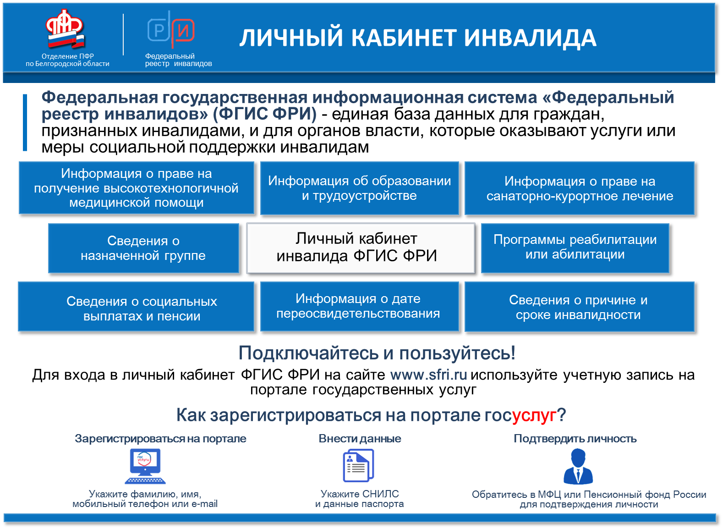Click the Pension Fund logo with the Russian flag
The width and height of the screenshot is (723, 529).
65,29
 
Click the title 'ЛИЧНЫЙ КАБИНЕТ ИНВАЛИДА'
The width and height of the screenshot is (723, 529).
418,38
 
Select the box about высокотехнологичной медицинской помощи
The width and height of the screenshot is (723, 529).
137,188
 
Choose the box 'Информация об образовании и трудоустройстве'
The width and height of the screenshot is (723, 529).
360,188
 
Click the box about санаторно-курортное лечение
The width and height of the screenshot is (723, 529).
580,188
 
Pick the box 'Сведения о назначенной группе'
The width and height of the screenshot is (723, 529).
143,248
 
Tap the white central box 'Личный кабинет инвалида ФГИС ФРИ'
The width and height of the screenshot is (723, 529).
361,248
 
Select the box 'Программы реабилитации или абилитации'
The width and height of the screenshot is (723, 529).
575,248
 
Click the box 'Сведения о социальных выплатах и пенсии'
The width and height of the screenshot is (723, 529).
136,307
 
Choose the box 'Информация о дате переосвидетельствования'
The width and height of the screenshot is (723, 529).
360,307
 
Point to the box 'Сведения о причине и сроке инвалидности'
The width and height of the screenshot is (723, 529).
580,307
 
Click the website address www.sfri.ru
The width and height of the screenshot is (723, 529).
429,375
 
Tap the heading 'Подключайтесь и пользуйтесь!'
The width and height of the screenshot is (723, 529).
377,353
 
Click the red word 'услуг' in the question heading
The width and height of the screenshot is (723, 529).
534,415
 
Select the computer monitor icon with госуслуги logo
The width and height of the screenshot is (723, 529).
145,466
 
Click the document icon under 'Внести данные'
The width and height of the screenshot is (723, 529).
358,465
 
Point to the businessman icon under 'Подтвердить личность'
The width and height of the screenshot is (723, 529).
578,466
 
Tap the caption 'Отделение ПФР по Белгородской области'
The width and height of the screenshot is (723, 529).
67,60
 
